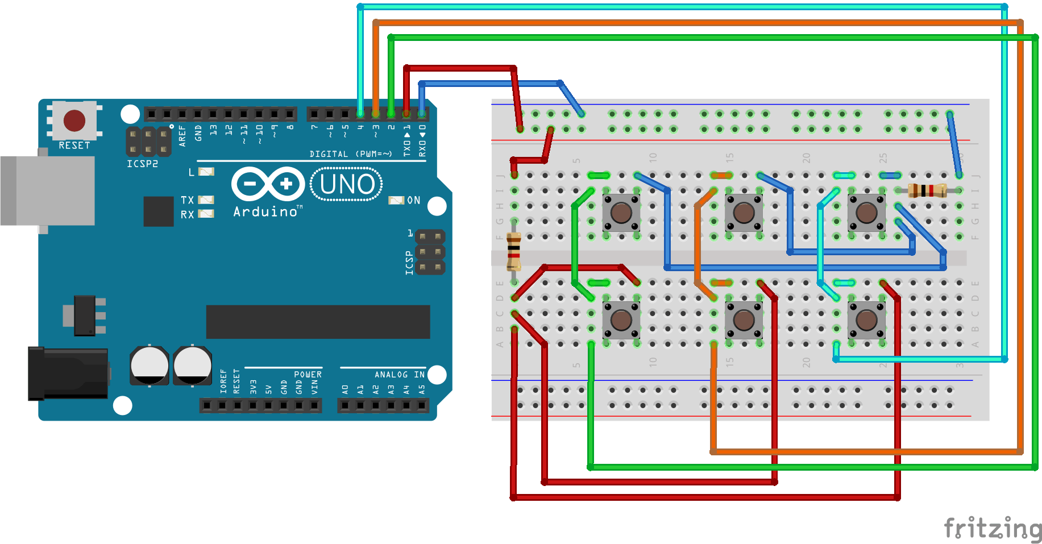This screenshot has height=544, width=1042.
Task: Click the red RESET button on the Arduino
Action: [x=74, y=121]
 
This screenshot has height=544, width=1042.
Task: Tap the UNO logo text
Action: [x=347, y=184]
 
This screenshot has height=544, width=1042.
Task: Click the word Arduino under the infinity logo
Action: [x=265, y=212]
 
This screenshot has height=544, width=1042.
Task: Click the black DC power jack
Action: [x=68, y=373]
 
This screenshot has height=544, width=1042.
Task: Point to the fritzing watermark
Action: [x=992, y=529]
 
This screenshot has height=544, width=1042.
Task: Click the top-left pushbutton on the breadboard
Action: [x=621, y=213]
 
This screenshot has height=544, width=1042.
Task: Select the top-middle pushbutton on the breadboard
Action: [x=744, y=213]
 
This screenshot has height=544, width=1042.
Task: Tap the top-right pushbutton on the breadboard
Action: [x=866, y=213]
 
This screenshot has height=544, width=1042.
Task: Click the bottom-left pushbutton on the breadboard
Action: [x=621, y=320]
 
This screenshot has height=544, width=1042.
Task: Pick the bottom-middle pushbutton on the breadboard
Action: [x=744, y=320]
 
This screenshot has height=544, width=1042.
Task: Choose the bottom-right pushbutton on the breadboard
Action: [x=866, y=320]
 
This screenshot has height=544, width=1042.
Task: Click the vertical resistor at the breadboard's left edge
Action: [x=514, y=251]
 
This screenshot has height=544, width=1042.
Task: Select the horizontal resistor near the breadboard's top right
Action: [x=927, y=190]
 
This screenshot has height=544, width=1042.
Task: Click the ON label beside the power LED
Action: [x=413, y=200]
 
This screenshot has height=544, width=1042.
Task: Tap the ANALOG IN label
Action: [x=399, y=375]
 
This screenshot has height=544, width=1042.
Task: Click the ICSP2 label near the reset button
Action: [x=142, y=164]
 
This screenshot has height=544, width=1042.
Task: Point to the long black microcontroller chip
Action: [x=318, y=322]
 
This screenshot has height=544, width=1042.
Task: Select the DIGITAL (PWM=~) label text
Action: [x=350, y=154]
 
